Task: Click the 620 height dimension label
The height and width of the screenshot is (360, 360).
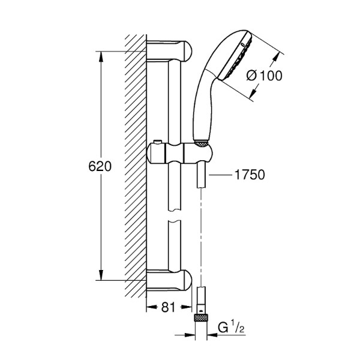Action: pos(100,166)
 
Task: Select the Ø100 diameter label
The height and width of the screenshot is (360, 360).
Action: pos(264,76)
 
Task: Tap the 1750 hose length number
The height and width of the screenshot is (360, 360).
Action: pos(250,175)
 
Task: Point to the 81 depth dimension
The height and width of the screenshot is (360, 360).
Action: pos(168,307)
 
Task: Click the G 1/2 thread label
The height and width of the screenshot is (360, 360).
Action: pos(231,328)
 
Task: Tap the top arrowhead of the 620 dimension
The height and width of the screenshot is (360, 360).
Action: pos(101,56)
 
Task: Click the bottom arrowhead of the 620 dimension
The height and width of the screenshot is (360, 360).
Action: pos(101,275)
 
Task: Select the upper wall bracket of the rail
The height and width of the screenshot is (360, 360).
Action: pos(169,52)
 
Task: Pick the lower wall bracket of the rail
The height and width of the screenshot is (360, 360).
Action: pos(169,280)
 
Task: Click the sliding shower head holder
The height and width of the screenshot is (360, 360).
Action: pos(179,154)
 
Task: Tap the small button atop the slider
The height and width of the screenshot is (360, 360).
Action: pos(158,142)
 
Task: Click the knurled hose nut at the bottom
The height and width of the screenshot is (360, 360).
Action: pos(202,318)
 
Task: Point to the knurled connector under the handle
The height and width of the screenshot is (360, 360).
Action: pos(201,143)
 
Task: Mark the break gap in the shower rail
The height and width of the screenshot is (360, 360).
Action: pos(175,215)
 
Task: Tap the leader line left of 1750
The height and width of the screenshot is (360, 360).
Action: pos(220,175)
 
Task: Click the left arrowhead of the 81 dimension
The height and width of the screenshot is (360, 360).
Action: pos(152,307)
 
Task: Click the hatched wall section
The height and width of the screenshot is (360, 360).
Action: pos(136,166)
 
